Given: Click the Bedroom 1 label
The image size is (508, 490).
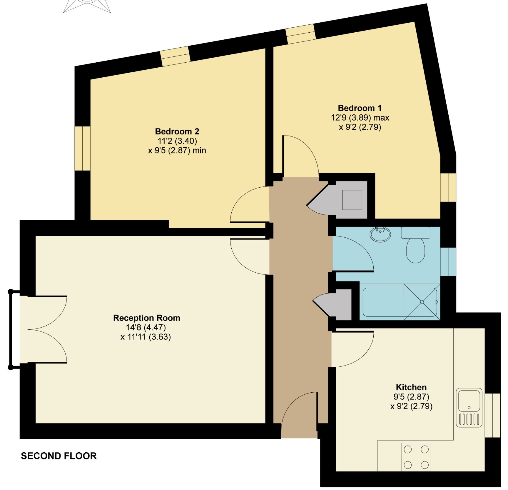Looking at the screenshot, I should coord(360,108).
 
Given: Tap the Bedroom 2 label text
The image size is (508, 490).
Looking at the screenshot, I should coord(177,131).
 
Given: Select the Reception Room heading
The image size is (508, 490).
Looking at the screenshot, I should coord(146,318).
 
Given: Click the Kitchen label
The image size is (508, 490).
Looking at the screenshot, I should coord(411,387).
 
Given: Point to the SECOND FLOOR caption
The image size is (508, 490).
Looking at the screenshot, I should coord(59,456).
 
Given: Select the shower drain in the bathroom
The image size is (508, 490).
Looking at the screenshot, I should coord(422,302).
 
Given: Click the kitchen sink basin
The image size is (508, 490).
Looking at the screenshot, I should coord(469,400).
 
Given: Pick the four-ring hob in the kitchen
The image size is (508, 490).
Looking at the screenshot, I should coord(416,457).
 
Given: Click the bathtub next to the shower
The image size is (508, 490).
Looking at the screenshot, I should coord(383,302).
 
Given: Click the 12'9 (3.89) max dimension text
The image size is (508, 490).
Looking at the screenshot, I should coord(360,118).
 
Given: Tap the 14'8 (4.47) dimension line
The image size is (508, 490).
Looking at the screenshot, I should coord(146,327).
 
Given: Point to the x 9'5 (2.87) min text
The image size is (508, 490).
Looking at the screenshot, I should coord(177,151).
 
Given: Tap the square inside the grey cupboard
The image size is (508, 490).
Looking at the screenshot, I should coord(352,200).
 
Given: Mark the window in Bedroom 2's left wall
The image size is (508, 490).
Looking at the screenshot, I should coord(82,148).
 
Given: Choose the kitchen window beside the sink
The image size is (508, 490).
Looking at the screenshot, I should coord(492,415).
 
